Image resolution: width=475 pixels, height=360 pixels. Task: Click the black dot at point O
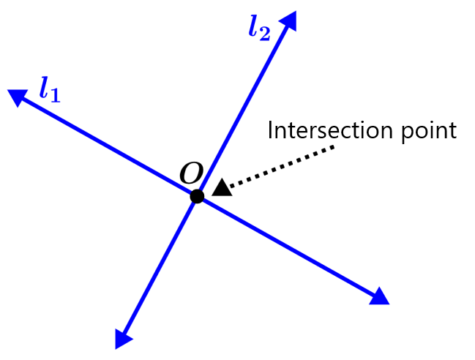(197, 196)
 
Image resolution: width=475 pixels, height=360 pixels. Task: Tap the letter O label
(191, 173)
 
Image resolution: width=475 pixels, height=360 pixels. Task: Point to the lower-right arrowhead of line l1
(379, 296)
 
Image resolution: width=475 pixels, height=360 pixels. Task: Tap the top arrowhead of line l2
(289, 20)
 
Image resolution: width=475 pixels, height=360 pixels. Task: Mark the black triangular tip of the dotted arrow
(222, 187)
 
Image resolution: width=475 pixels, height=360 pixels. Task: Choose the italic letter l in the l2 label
(253, 27)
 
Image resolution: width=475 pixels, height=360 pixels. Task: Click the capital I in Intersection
(271, 130)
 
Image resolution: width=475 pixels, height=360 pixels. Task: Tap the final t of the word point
(452, 131)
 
